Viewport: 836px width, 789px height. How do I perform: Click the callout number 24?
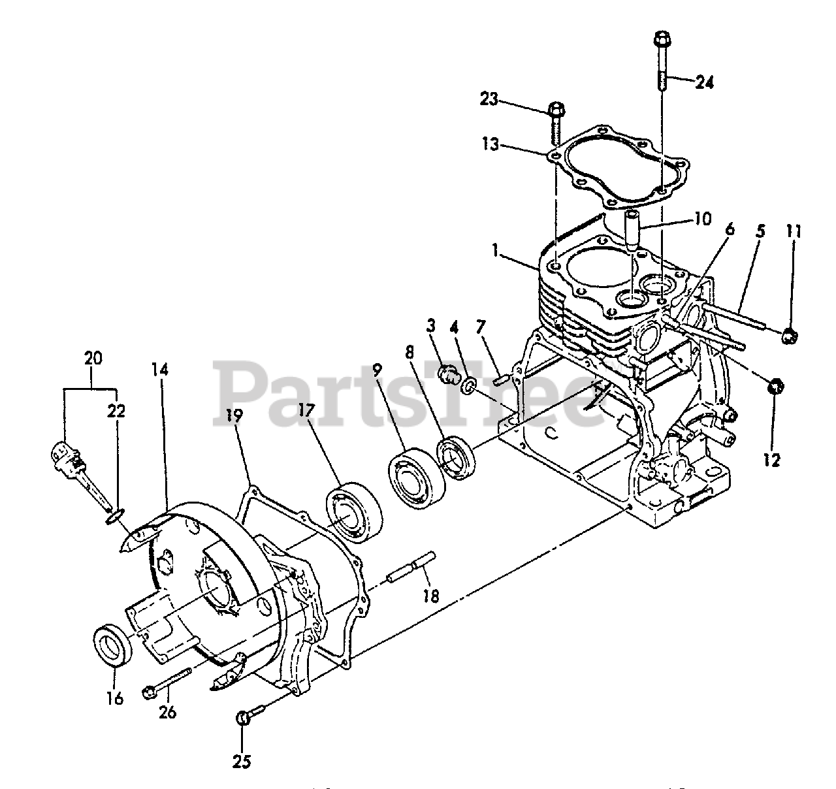click(x=704, y=83)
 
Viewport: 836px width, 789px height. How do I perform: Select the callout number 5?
click(x=760, y=232)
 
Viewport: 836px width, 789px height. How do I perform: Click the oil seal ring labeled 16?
click(x=114, y=646)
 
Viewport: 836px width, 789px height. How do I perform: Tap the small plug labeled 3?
click(x=448, y=376)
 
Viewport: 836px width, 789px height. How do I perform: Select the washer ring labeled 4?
click(x=468, y=387)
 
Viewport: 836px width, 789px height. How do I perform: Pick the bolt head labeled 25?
click(x=241, y=718)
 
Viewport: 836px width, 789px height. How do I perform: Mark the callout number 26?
click(x=167, y=712)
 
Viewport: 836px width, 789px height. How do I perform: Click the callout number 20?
click(x=93, y=357)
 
